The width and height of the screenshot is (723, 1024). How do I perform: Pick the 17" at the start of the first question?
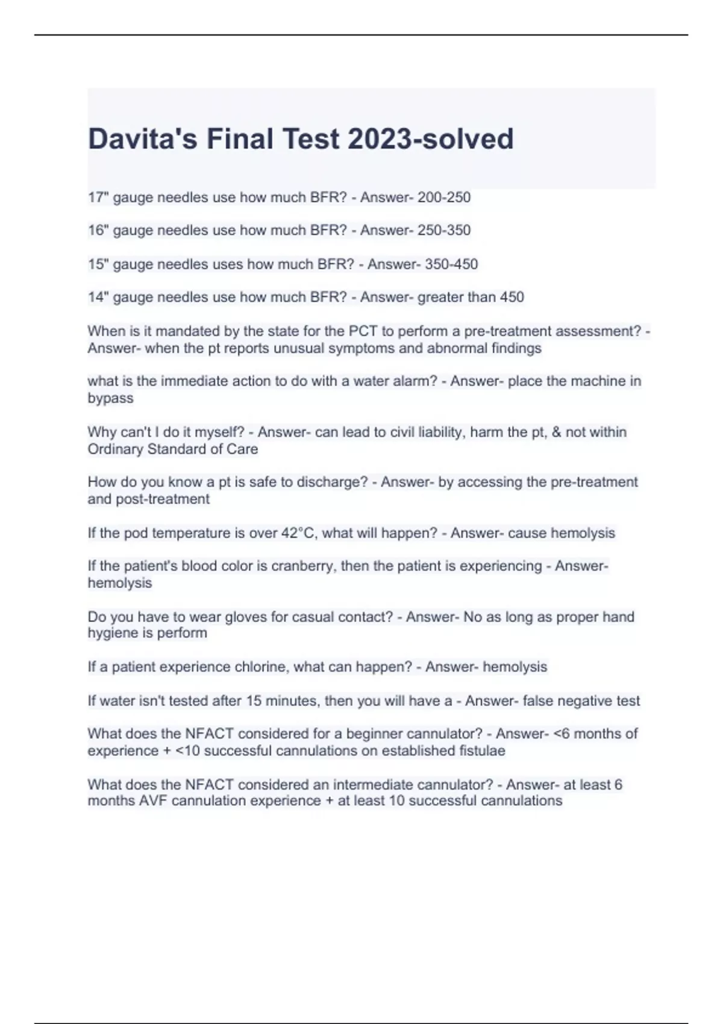pyautogui.click(x=98, y=198)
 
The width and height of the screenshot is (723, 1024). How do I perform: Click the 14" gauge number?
pyautogui.click(x=98, y=297)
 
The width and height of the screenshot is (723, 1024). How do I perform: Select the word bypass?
pyautogui.click(x=110, y=398)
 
